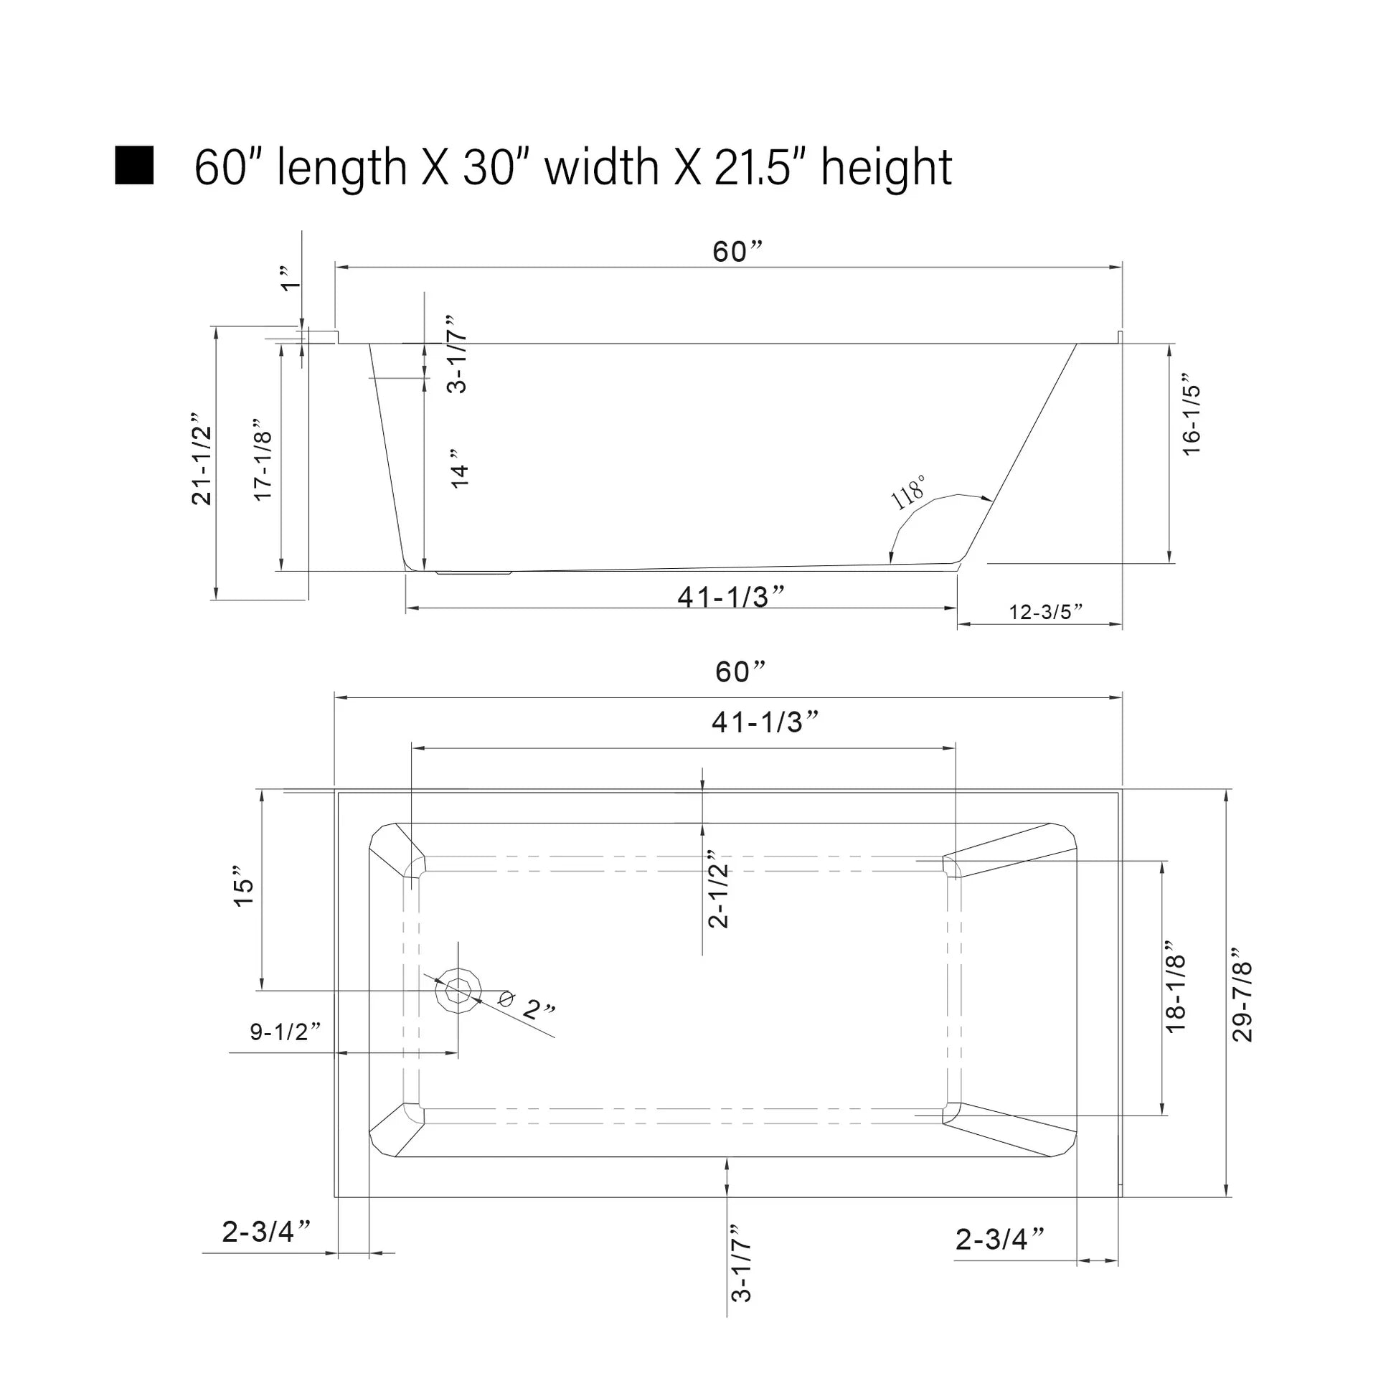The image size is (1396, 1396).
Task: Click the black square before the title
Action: (134, 166)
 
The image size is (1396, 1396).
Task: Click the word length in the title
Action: (342, 169)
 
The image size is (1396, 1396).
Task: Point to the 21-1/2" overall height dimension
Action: (202, 459)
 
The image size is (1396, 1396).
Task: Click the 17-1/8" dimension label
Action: (264, 459)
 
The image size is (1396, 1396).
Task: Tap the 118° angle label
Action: (908, 493)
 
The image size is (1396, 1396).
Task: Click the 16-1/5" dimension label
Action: (1191, 414)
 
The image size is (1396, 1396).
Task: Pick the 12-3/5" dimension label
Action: (1045, 612)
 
